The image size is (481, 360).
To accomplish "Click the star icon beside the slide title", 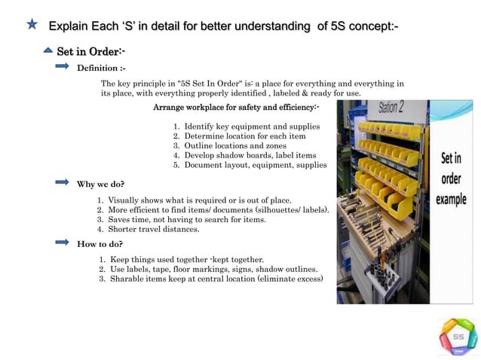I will [32, 25].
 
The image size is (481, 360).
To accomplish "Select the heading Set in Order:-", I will [90, 51].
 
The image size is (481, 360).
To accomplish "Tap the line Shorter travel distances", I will [154, 229].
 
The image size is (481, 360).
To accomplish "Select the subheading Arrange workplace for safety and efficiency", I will [236, 107].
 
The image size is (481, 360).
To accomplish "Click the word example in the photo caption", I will [450, 203].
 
